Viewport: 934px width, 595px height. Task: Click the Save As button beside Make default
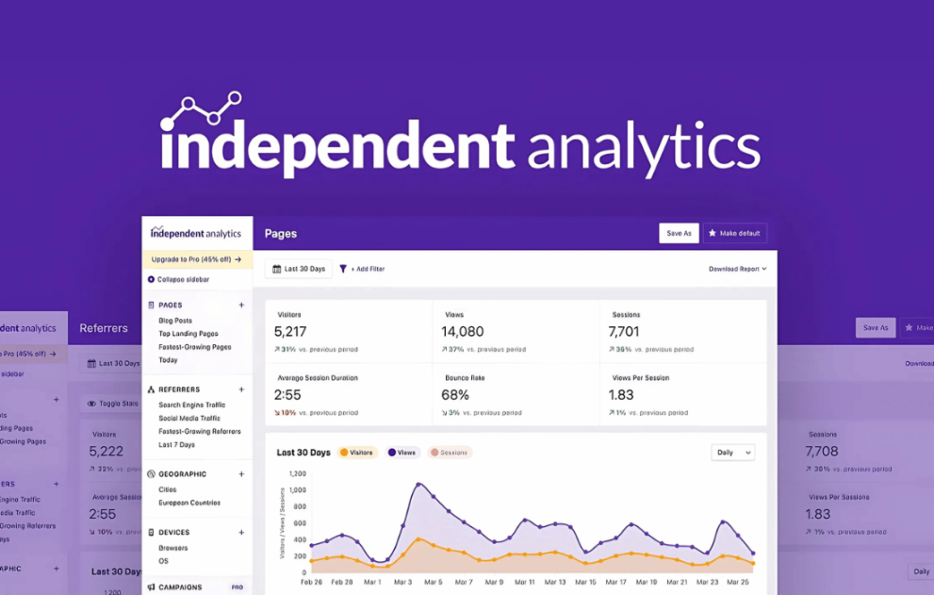pyautogui.click(x=679, y=233)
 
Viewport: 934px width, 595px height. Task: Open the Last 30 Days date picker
pyautogui.click(x=298, y=269)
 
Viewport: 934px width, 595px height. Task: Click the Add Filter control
pyautogui.click(x=362, y=269)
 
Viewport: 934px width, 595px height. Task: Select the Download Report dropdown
pyautogui.click(x=737, y=269)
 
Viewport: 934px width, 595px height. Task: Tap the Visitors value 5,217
pyautogui.click(x=290, y=331)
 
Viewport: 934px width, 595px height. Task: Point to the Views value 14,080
pyautogui.click(x=462, y=331)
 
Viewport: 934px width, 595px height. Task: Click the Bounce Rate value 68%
pyautogui.click(x=455, y=394)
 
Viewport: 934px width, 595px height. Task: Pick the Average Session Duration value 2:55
pyautogui.click(x=287, y=394)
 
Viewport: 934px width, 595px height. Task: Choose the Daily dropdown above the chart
pyautogui.click(x=733, y=453)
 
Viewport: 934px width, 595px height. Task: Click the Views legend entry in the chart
pyautogui.click(x=401, y=453)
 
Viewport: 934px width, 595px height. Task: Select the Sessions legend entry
pyautogui.click(x=450, y=453)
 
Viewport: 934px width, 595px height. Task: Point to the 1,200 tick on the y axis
pyautogui.click(x=297, y=473)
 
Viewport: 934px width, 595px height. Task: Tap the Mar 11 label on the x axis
pyautogui.click(x=524, y=582)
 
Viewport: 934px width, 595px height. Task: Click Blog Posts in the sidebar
pyautogui.click(x=175, y=321)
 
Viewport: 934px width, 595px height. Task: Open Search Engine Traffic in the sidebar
pyautogui.click(x=191, y=405)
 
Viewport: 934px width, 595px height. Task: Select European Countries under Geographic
pyautogui.click(x=189, y=503)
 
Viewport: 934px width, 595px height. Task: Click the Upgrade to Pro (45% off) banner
pyautogui.click(x=196, y=259)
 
